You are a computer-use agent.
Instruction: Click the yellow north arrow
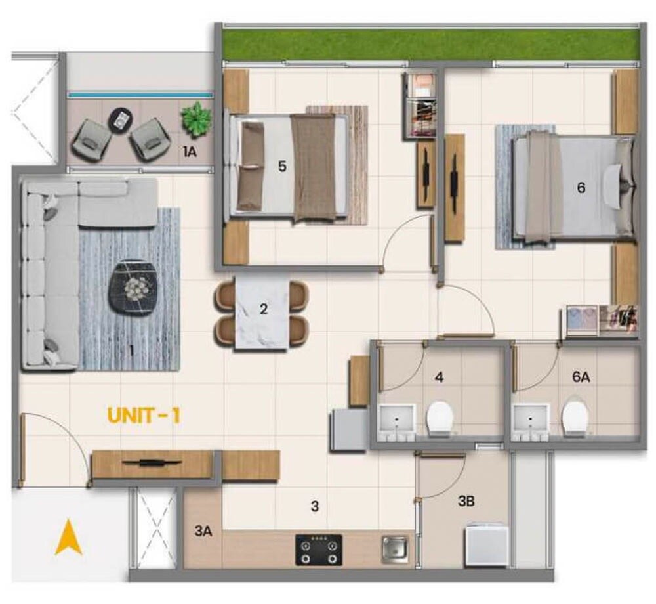point(68,536)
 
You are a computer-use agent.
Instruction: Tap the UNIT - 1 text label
point(144,416)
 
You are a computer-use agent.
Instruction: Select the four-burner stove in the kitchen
point(319,550)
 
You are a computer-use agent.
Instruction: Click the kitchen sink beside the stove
point(395,548)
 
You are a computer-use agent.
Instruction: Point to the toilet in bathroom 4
point(440,418)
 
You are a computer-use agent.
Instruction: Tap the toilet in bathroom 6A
point(575,418)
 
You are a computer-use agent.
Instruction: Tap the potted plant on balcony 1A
point(197,119)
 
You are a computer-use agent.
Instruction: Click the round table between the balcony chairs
point(121,119)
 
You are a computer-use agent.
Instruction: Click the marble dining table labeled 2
point(262,313)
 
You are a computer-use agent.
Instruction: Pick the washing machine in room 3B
point(486,543)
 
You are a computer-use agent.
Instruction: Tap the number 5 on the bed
point(282,167)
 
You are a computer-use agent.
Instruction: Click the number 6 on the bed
point(581,188)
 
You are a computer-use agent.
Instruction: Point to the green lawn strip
point(430,45)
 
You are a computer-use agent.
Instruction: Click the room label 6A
point(581,377)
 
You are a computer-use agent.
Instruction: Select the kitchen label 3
point(315,506)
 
